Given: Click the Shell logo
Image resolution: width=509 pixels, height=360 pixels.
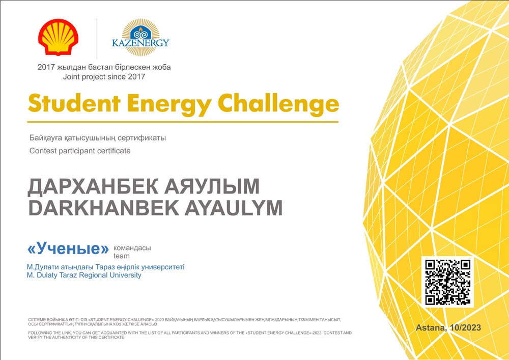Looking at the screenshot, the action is tap(58, 37).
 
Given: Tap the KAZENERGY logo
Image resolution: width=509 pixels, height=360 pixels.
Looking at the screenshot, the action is tap(140, 38).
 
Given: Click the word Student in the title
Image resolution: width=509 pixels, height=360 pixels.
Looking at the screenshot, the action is tap(74, 103).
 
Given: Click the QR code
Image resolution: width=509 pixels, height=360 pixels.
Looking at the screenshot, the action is tap(447, 282).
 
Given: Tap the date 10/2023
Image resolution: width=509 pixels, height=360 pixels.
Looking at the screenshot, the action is tap(465, 327).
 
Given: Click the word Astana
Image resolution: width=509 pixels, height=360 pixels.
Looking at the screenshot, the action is tap(431, 328).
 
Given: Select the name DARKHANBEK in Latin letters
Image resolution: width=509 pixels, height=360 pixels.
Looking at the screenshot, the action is tap(103, 208).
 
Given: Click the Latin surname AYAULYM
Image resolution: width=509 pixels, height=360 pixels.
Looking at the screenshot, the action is tap(234, 208).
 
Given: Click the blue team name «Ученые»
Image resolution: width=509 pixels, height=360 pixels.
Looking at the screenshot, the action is tap(68, 248).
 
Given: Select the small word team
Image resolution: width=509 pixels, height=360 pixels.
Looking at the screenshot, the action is tap(122, 256).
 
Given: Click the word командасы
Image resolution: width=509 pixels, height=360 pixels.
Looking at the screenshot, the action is tap(132, 248).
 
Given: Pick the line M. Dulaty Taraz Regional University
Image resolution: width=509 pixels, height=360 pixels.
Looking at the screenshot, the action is tap(84, 275).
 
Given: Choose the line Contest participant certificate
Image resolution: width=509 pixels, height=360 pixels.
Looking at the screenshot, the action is tap(80, 151).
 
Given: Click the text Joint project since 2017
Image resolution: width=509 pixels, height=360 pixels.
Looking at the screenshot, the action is tap(104, 77).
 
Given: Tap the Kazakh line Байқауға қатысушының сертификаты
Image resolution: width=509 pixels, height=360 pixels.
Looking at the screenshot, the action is tap(98, 138).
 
